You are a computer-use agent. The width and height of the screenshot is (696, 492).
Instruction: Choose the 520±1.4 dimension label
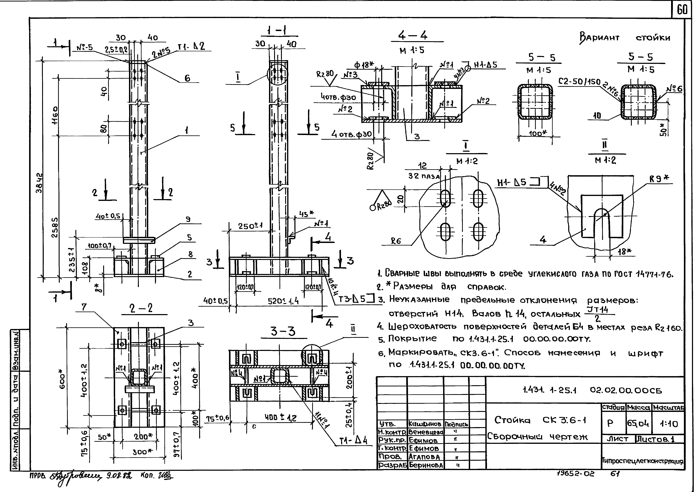tap(283, 301)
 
